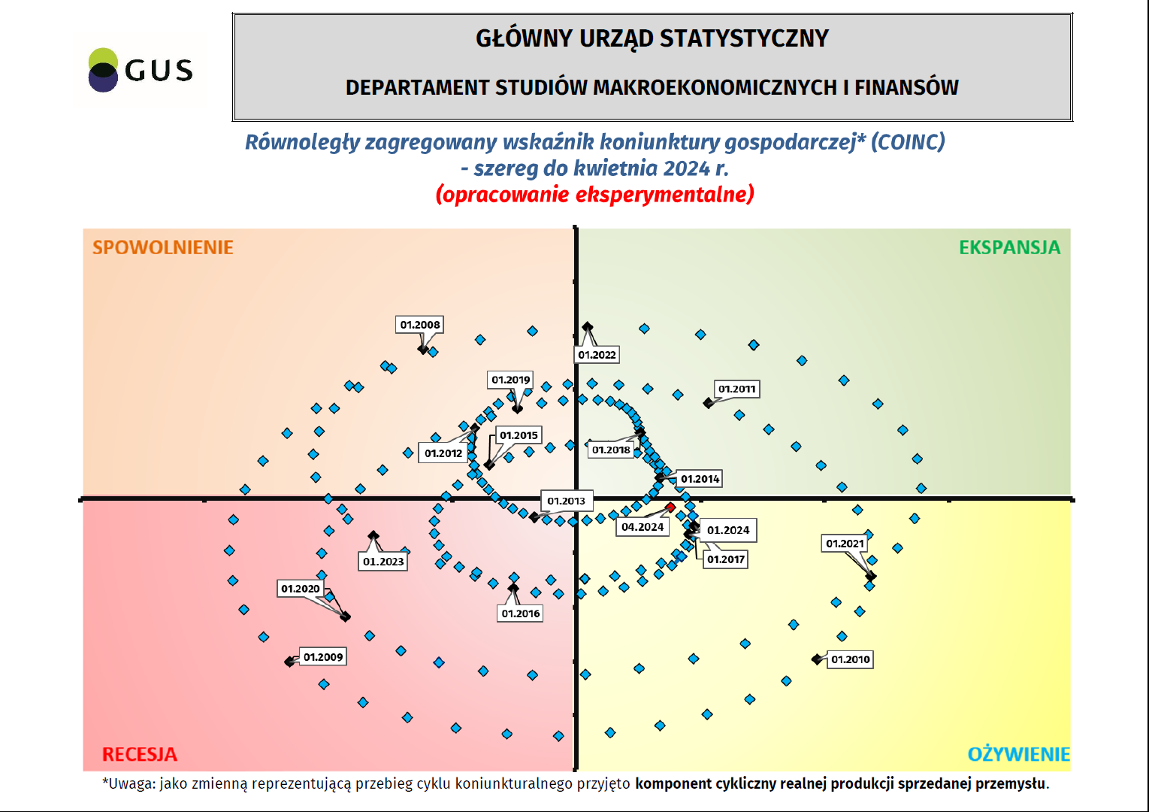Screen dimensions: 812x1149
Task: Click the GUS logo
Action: point(141,71)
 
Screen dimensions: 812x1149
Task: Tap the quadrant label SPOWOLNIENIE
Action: point(162,247)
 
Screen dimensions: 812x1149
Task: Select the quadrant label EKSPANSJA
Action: point(1009,247)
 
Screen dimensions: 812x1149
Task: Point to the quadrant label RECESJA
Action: point(140,754)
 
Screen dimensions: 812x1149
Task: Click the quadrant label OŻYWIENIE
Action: point(1018,754)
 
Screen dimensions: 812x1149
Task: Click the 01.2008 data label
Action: point(420,325)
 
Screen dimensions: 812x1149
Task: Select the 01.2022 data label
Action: point(597,355)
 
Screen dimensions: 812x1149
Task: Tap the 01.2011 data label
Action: point(736,389)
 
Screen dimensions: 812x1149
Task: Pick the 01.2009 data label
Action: point(323,657)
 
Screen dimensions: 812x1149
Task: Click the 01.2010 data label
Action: point(850,659)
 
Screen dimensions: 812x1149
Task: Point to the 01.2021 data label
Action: point(845,544)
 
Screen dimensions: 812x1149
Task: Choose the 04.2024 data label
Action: point(643,527)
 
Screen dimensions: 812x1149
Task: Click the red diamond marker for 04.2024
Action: point(670,507)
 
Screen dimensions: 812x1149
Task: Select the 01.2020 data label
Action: point(301,589)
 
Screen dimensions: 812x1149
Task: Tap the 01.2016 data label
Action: point(521,614)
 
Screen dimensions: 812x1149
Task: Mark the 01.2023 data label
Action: point(383,562)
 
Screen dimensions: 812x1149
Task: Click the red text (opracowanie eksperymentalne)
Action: point(595,194)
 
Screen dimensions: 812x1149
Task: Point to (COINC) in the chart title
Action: point(908,141)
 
